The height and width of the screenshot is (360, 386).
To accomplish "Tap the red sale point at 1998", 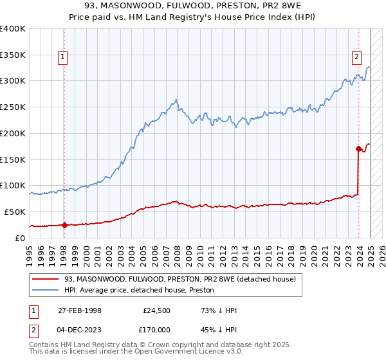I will [64, 225].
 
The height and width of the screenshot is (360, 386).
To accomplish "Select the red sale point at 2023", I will [358, 148].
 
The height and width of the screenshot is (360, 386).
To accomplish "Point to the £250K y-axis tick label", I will [14, 107].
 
